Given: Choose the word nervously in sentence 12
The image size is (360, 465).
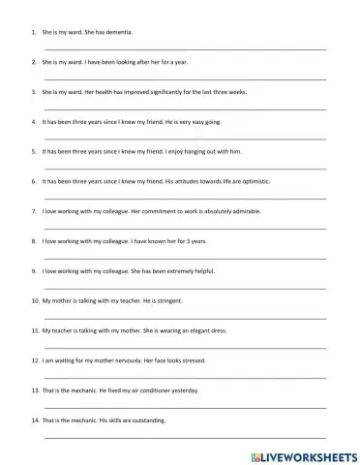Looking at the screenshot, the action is click(126, 360).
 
